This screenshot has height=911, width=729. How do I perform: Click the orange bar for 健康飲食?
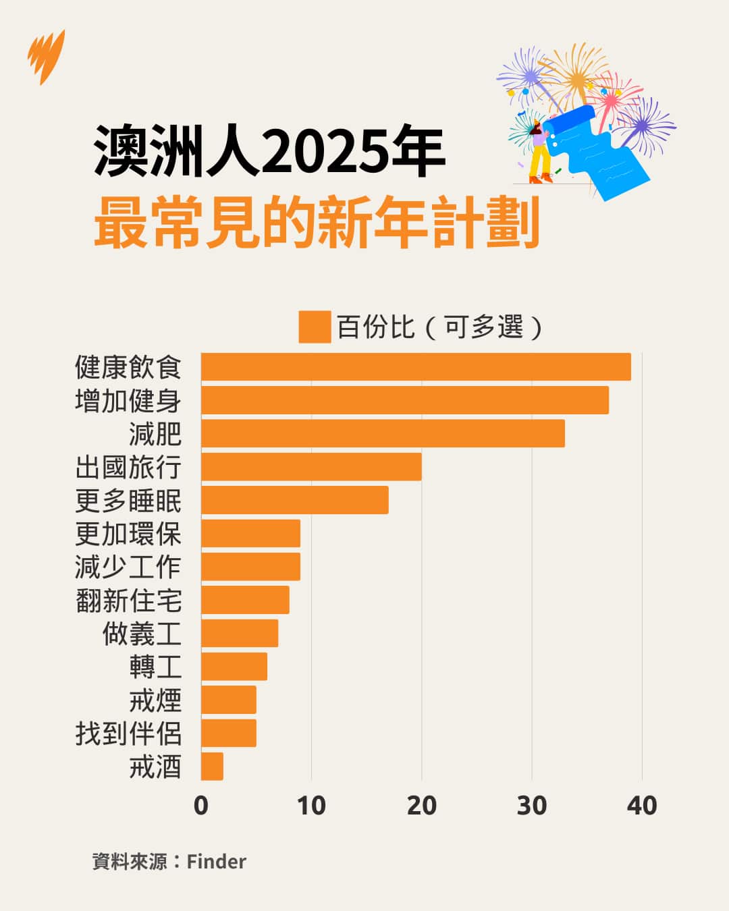(416, 367)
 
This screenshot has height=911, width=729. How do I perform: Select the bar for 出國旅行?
(311, 467)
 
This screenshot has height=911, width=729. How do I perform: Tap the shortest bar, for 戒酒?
(212, 767)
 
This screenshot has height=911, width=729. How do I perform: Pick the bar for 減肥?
(383, 433)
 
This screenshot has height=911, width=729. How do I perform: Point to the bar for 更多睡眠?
(295, 500)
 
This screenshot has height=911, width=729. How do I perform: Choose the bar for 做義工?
(240, 634)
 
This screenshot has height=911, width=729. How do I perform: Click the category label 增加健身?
(128, 401)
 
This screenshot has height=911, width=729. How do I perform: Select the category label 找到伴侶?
(128, 734)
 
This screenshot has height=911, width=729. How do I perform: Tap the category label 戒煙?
(155, 700)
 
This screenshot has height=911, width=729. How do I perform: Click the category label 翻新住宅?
(128, 601)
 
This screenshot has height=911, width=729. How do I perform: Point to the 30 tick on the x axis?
(532, 806)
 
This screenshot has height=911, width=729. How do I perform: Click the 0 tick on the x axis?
(201, 806)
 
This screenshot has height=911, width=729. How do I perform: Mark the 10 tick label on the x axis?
(311, 806)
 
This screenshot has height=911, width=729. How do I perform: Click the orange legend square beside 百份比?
(315, 327)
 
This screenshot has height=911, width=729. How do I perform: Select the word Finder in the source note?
(216, 862)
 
